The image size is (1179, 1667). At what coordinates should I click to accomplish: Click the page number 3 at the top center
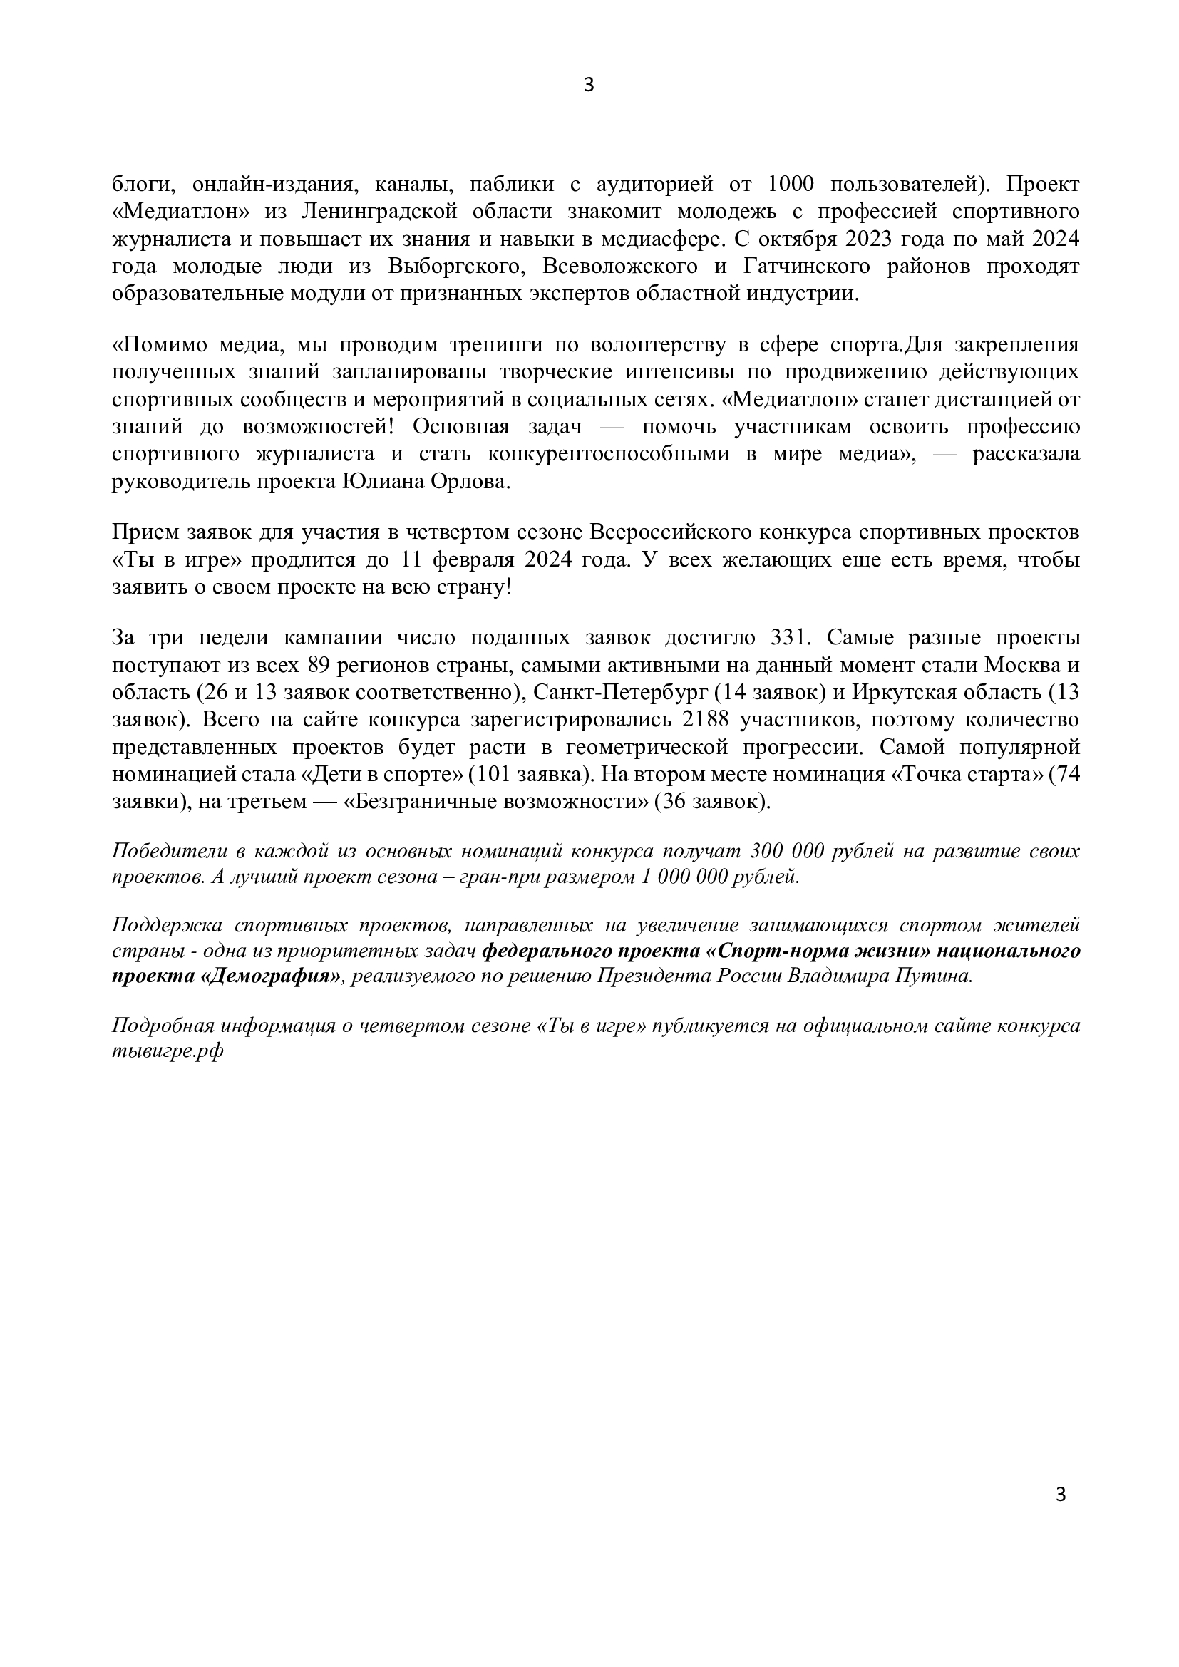589,86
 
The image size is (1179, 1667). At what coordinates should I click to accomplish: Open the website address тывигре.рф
168,1053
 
